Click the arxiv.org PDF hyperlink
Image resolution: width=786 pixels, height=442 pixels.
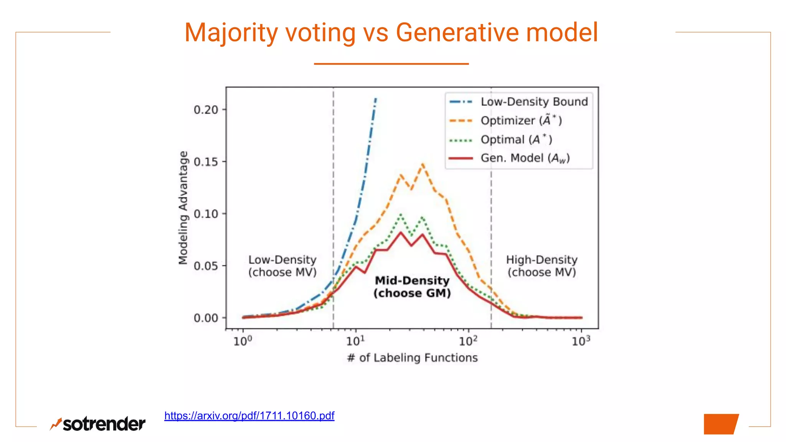[249, 416]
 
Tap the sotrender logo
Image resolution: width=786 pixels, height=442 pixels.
[98, 424]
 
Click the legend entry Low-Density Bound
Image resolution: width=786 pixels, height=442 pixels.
[534, 102]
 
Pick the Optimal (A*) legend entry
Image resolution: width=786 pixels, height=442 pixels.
[516, 139]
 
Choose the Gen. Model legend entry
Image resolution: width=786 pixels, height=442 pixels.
[525, 158]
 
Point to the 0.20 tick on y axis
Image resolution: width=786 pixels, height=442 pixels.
[206, 110]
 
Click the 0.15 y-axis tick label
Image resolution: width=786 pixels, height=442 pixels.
[206, 162]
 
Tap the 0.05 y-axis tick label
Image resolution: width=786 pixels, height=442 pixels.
[206, 266]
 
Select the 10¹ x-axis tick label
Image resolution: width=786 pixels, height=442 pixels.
[355, 341]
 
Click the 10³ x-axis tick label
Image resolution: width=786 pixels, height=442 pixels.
[581, 341]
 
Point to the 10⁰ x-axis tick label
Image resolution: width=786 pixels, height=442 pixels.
[243, 341]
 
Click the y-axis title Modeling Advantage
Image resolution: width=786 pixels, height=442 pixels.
[183, 208]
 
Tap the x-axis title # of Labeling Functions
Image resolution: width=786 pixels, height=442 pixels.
[412, 358]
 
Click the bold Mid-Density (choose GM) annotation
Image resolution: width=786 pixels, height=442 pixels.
[412, 287]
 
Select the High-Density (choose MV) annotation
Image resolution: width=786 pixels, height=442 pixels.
[542, 266]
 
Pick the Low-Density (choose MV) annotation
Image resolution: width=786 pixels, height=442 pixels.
[282, 266]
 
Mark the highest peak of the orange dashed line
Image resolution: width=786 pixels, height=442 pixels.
[423, 164]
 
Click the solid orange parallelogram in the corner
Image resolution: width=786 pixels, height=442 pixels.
[720, 424]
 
